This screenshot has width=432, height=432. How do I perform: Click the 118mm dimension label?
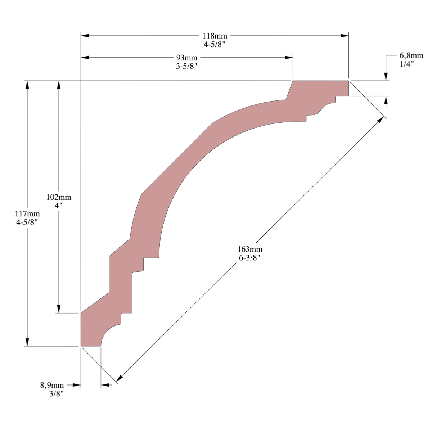point(215,36)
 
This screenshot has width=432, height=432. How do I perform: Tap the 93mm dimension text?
point(186,58)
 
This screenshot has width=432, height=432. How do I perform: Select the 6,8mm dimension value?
point(411,55)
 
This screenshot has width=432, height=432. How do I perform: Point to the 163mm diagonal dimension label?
point(250,249)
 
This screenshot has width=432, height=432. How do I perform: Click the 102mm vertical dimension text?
point(59,197)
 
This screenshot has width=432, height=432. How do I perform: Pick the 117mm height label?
point(27,213)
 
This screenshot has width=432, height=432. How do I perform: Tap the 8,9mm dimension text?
point(52,385)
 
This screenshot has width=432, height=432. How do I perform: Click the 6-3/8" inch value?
point(250,258)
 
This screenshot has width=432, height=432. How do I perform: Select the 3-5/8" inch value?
point(186,67)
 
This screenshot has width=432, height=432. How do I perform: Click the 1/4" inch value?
point(407,64)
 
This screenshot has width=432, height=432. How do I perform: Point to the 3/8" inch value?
point(57,394)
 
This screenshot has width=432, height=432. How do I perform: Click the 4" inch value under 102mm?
point(59,205)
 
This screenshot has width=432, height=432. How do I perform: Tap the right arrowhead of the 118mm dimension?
point(345,36)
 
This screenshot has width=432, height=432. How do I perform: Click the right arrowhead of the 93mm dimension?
point(289,58)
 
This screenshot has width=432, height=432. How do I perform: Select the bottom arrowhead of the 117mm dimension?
point(27,342)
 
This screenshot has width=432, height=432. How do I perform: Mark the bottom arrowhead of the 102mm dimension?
point(59,309)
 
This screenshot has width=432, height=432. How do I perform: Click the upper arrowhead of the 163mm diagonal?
point(380,120)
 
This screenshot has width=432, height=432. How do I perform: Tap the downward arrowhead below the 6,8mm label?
point(386,77)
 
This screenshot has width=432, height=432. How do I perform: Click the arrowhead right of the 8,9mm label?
point(77,385)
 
